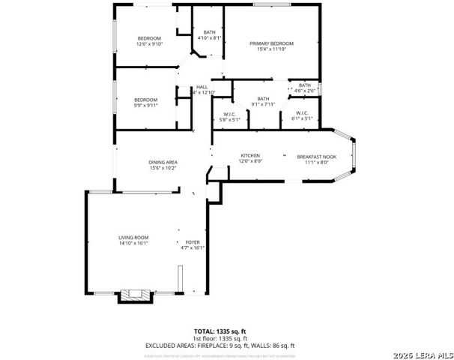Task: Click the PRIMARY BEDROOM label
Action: [x=271, y=44]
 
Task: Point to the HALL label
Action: [x=202, y=87]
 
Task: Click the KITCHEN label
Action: [x=250, y=155]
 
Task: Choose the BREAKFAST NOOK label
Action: [x=316, y=157]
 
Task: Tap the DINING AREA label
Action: [x=163, y=163]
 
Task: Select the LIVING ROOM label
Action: [x=133, y=238]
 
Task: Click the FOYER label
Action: [x=193, y=243]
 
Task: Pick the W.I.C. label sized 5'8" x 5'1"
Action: [x=230, y=115]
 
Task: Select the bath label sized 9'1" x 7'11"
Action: [x=263, y=99]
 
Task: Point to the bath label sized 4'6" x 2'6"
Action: [x=304, y=85]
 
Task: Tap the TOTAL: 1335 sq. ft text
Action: [x=220, y=331]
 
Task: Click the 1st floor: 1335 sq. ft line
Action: [x=220, y=338]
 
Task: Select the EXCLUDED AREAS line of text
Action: [x=220, y=346]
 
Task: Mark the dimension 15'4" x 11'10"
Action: [x=271, y=49]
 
